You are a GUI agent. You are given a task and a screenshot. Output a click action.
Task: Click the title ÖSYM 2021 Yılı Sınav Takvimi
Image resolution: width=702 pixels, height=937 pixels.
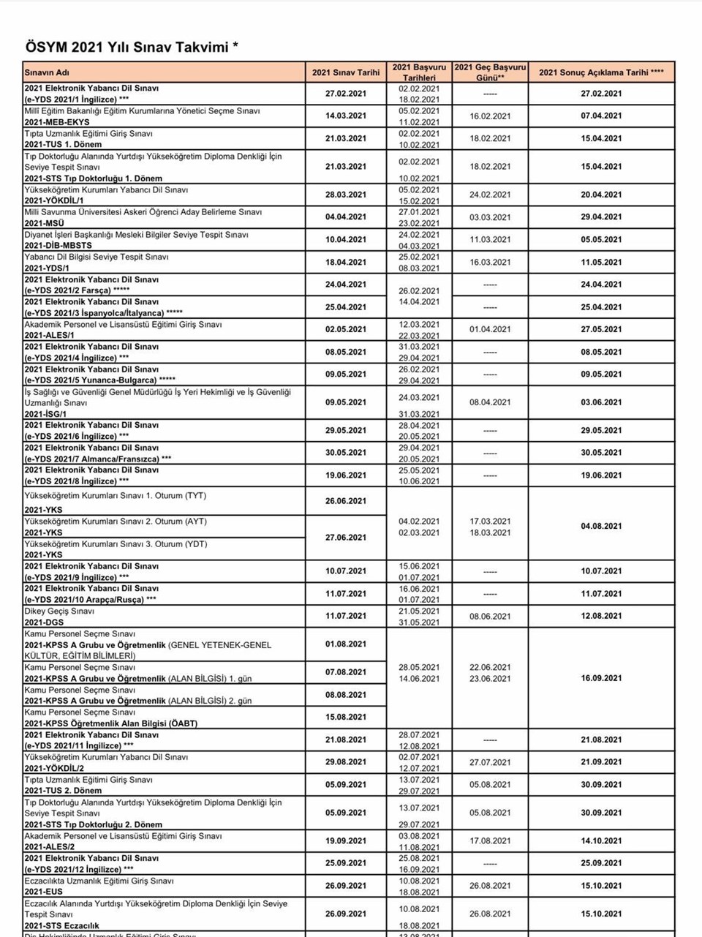[x=132, y=48]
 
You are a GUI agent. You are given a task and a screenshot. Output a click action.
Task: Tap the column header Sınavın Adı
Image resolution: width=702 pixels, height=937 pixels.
[x=47, y=72]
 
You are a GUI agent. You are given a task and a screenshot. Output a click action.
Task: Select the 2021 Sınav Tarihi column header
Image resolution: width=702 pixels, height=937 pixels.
[x=346, y=72]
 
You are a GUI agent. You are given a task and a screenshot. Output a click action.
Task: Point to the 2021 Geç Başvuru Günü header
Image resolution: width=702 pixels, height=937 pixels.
[x=490, y=72]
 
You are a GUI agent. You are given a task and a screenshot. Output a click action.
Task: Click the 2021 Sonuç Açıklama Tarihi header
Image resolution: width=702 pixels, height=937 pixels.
[x=601, y=72]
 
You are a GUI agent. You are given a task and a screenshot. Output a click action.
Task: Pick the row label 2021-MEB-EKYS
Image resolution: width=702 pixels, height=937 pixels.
[x=57, y=122]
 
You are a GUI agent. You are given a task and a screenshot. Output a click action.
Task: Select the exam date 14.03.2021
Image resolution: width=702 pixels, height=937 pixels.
[x=346, y=116]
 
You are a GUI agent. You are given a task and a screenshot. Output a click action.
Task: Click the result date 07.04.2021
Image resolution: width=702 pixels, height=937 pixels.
[x=601, y=116]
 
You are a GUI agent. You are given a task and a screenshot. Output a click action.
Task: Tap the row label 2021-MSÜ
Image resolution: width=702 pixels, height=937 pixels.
[x=44, y=223]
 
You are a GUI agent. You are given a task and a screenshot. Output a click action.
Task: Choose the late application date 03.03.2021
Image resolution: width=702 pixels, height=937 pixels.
[x=490, y=217]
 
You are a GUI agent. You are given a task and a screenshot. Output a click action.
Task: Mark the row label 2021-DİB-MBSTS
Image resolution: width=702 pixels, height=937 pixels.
[x=58, y=246]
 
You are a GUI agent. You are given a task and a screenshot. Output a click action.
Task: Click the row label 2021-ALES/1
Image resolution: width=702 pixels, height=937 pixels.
[x=49, y=336]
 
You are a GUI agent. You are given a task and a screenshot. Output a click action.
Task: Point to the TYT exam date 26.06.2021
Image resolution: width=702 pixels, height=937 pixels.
[x=346, y=501]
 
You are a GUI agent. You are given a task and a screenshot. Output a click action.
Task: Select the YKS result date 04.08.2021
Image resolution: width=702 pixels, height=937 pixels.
[x=601, y=526]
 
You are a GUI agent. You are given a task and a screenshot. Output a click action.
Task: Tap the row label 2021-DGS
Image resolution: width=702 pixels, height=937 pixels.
[x=44, y=622]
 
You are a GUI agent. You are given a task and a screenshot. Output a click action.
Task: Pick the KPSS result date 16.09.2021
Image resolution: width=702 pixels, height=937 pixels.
[x=601, y=678]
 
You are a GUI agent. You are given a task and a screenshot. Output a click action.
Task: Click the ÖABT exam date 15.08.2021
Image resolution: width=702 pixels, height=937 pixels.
[x=346, y=717]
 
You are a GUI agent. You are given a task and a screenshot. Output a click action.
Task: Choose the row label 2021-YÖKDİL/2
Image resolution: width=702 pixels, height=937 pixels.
[x=54, y=769]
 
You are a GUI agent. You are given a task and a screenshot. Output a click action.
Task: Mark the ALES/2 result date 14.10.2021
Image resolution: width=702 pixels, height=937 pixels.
[x=601, y=841]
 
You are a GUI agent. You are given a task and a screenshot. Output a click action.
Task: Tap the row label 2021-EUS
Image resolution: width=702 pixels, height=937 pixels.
[x=43, y=892]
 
